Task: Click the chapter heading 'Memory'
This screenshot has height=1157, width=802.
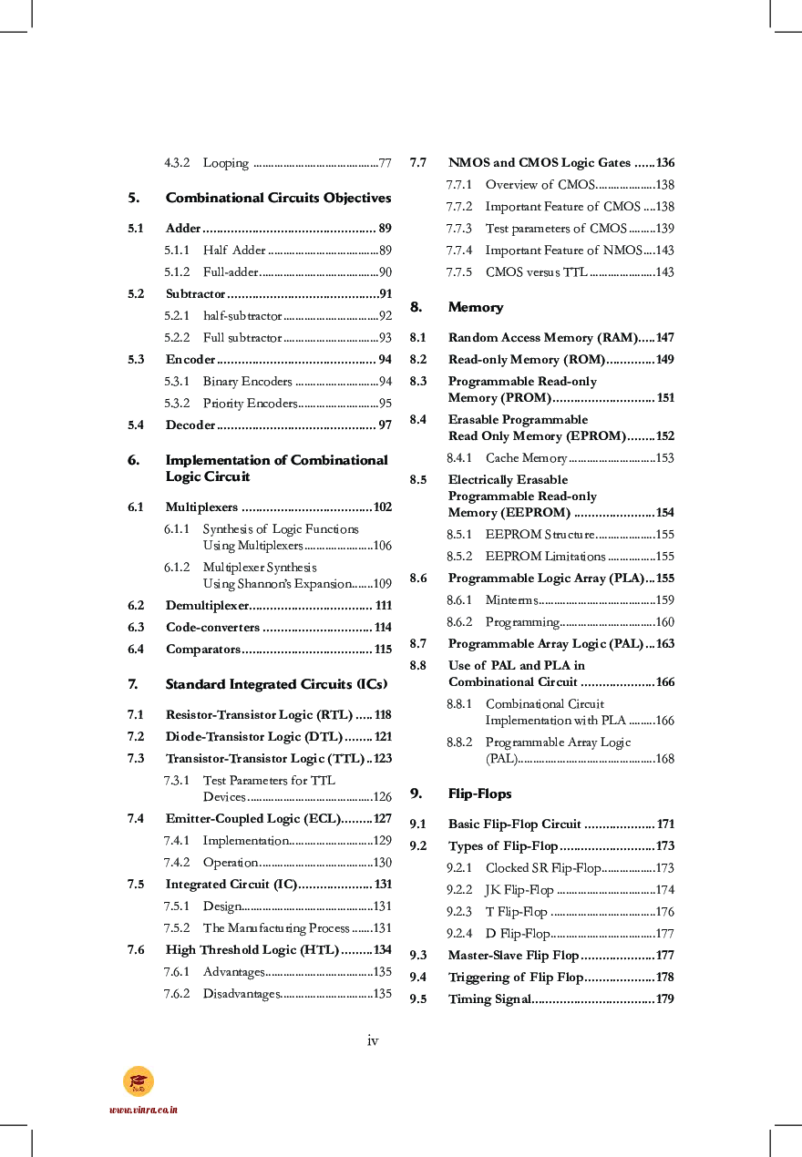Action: tap(475, 307)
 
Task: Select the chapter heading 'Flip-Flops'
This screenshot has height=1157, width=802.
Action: tap(479, 794)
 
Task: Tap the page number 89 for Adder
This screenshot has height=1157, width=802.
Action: tap(385, 228)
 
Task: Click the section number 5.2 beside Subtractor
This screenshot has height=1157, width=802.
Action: tap(136, 293)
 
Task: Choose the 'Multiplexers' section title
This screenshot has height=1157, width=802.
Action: tap(201, 507)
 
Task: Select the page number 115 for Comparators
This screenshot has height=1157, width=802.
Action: tap(383, 649)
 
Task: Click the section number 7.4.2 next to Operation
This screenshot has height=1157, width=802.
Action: tap(177, 862)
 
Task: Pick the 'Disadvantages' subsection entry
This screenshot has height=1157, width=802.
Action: tap(241, 993)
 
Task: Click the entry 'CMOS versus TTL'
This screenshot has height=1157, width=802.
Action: tap(536, 271)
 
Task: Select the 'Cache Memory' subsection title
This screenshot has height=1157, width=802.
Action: tap(526, 457)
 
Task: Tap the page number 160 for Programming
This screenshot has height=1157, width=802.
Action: tap(664, 621)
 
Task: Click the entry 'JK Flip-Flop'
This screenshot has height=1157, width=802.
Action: tap(519, 889)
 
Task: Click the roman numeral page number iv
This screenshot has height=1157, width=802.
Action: tap(372, 1040)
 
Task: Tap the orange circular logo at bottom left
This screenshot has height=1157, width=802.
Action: tap(139, 1081)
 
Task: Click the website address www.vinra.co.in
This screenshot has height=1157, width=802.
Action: tap(143, 1110)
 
